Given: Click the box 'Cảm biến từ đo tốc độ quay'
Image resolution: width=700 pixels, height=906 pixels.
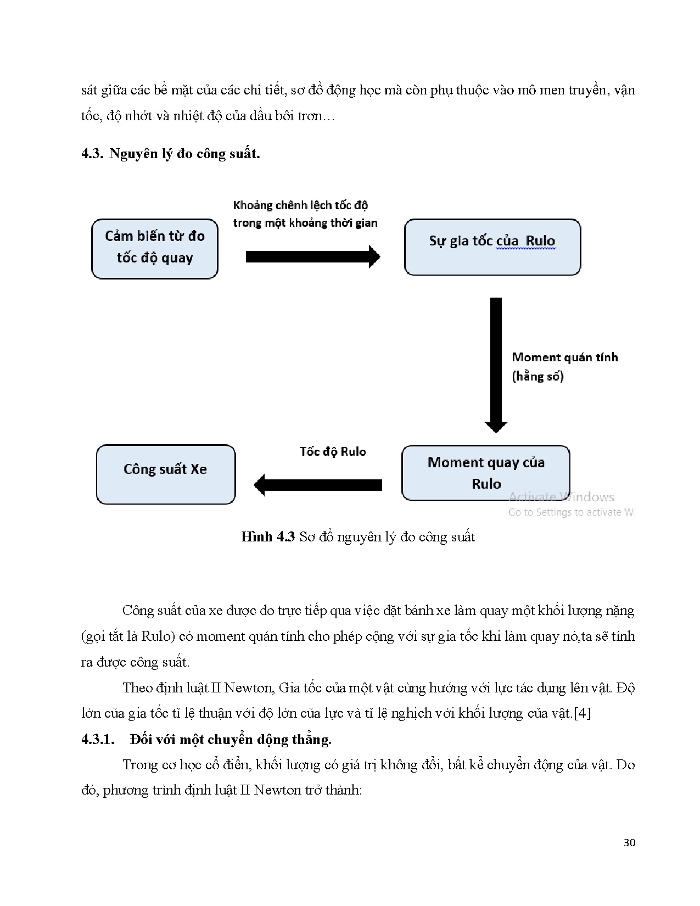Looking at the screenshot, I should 154,249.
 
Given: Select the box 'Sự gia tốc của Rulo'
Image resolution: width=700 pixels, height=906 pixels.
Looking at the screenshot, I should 492,247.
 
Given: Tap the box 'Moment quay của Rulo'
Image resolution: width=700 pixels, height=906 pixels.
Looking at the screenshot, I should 485,473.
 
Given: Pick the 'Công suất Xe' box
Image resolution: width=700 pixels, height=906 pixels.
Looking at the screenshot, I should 165,474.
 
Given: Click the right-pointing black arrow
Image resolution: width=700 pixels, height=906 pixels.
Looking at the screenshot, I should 312,256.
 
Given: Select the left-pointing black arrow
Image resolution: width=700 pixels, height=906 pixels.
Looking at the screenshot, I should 318,485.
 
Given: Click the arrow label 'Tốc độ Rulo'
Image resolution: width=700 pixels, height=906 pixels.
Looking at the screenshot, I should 332,451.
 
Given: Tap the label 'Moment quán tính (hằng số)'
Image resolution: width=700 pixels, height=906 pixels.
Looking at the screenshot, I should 564,366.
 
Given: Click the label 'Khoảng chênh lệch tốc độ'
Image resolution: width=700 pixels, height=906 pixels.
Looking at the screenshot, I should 300,205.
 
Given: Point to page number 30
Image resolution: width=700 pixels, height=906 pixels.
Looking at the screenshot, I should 629,842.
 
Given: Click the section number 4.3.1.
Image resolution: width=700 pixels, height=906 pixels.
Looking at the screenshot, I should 98,739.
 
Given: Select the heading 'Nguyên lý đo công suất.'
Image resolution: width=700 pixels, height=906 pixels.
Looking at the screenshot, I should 184,153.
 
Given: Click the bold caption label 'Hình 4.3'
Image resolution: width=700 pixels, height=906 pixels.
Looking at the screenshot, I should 268,536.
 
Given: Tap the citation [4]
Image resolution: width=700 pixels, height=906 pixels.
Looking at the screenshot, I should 582,713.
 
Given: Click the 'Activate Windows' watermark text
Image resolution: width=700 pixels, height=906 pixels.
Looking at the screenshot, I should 561,497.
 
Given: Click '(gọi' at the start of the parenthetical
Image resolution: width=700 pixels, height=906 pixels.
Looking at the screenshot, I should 93,636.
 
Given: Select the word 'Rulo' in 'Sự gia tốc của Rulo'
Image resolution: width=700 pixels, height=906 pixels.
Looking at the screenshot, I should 540,241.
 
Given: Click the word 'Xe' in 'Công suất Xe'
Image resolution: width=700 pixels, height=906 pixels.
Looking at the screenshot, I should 199,469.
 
